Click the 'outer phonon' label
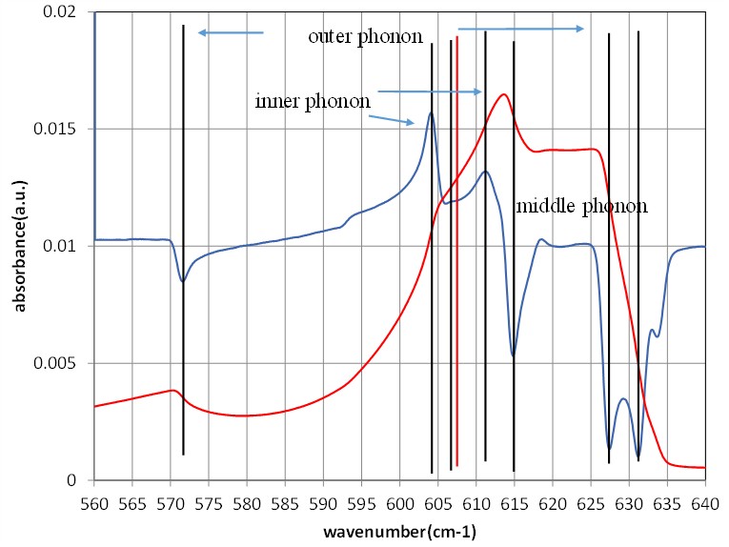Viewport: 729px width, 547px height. pyautogui.click(x=365, y=37)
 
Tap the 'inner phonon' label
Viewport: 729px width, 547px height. pyautogui.click(x=313, y=101)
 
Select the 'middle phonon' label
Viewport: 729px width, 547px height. pyautogui.click(x=581, y=206)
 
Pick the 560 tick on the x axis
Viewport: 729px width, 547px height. pyautogui.click(x=94, y=498)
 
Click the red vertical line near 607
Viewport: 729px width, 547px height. pyautogui.click(x=457, y=286)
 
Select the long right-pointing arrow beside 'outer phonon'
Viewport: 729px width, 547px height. pyautogui.click(x=520, y=30)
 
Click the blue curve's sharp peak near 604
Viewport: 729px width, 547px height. pyautogui.click(x=431, y=112)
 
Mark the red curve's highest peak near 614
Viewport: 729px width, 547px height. pyautogui.click(x=503, y=93)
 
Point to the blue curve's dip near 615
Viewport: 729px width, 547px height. pyautogui.click(x=514, y=356)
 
